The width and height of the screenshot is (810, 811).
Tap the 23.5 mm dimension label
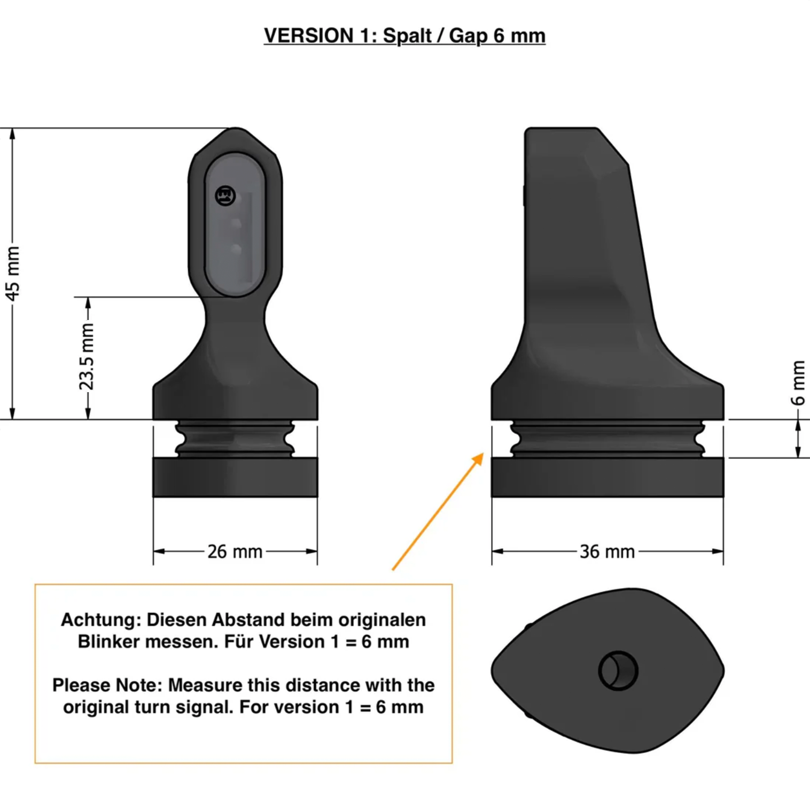coord(87,356)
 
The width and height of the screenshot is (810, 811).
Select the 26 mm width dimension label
coord(235,551)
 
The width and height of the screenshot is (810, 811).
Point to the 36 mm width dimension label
coord(607,551)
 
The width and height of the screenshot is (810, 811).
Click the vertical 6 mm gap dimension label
coord(798,383)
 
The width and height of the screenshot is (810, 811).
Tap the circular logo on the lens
coord(225,196)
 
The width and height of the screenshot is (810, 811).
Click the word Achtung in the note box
coord(101,620)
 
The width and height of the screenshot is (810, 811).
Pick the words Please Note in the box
coord(107,685)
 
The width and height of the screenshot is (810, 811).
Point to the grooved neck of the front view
coord(235,439)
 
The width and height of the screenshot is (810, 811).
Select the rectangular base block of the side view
coord(607,477)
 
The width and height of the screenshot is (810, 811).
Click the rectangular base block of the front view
coord(235,477)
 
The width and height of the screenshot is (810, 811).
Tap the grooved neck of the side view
coord(607,439)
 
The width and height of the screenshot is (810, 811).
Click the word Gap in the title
coord(468,36)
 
